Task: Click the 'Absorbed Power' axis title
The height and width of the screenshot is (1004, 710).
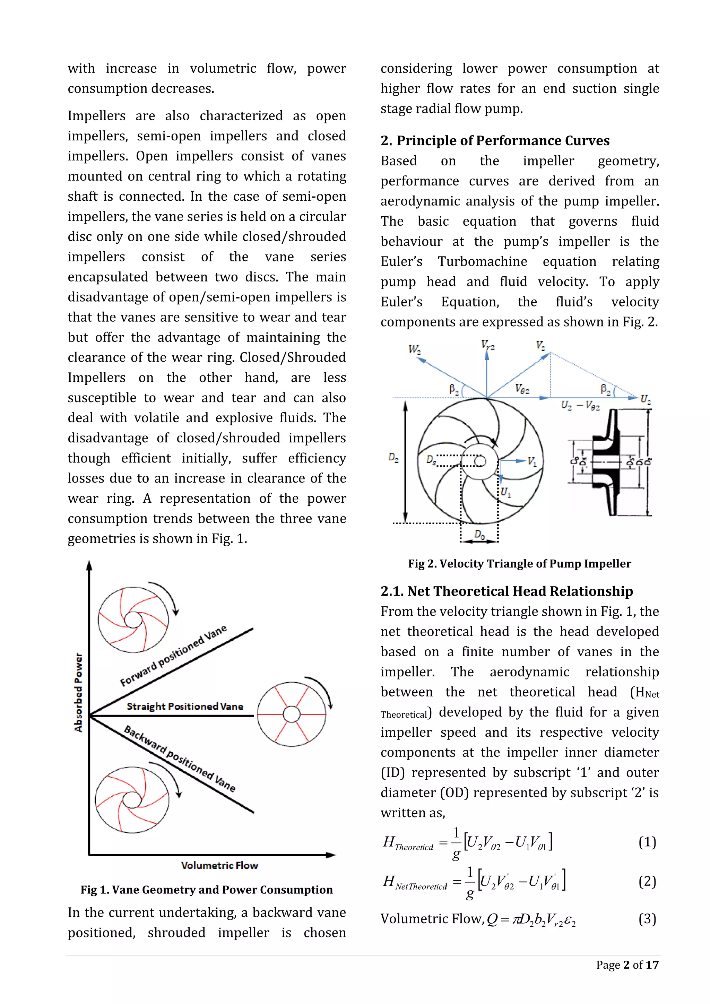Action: (x=78, y=693)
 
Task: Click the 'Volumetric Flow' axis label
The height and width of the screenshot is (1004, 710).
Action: (x=219, y=865)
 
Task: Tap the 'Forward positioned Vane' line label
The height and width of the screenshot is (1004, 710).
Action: (x=174, y=656)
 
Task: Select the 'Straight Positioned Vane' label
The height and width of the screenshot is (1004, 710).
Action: (x=184, y=706)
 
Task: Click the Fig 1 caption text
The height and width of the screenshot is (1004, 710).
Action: (x=206, y=890)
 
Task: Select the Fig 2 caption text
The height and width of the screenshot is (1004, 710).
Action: (x=519, y=564)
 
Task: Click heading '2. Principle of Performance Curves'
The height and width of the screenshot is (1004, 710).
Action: (x=495, y=141)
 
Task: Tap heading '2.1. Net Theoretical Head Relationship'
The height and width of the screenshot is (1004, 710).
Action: (x=507, y=591)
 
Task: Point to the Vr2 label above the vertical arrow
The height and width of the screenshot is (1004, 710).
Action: (x=487, y=345)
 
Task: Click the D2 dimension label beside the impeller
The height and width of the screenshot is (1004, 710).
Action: (x=393, y=458)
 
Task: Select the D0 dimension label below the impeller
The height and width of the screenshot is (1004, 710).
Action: (x=479, y=534)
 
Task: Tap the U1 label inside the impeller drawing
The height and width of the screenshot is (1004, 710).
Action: (x=506, y=492)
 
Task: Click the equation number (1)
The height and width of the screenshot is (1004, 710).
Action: (x=647, y=842)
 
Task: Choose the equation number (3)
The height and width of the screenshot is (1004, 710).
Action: (x=647, y=919)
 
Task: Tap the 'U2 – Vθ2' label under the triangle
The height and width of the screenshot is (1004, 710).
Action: (x=580, y=406)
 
